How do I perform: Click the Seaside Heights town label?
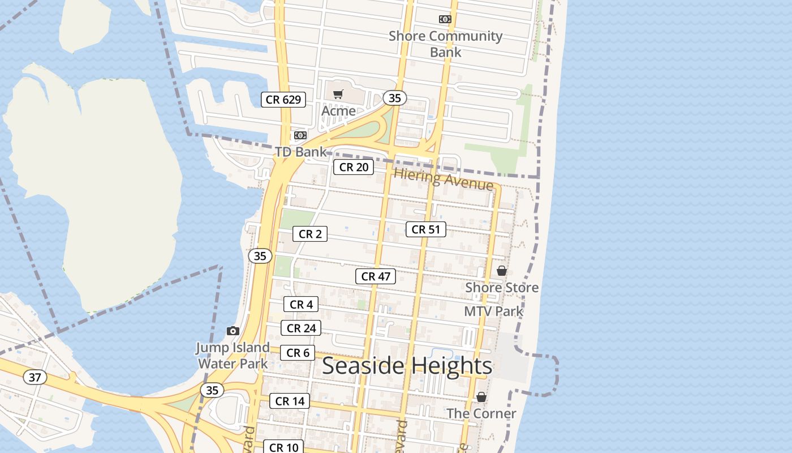tap(407, 366)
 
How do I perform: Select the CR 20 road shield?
tap(354, 167)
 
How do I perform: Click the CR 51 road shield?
tap(426, 229)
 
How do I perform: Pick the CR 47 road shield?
tap(376, 276)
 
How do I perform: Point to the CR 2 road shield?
tap(310, 234)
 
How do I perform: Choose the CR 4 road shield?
tap(302, 304)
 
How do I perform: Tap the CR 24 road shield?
tap(301, 328)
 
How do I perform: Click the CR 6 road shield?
tap(298, 353)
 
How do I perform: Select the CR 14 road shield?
tap(290, 401)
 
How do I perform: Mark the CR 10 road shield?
tap(283, 447)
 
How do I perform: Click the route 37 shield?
tap(35, 377)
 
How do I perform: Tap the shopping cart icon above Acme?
tap(338, 94)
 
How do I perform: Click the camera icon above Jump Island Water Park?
tap(233, 331)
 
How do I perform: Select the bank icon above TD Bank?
tap(300, 135)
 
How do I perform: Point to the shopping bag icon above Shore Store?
tap(501, 271)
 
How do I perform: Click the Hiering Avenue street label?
tap(444, 179)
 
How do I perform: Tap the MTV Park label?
tap(493, 311)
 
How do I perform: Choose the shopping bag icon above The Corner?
tap(481, 398)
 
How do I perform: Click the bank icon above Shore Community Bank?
tap(445, 19)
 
